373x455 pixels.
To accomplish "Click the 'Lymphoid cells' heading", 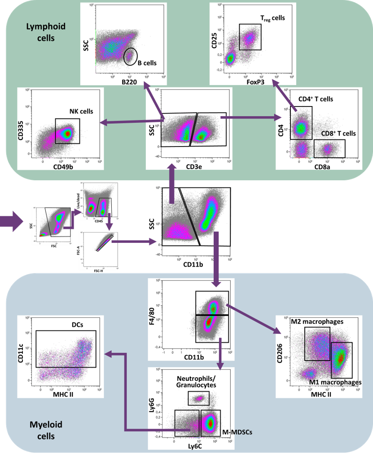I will coord(46,32).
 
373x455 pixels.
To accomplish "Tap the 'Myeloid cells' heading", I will coord(45,430).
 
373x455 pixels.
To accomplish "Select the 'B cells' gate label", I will coord(147,63).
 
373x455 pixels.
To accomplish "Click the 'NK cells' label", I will coord(81,111).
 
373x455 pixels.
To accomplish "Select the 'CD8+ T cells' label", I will coord(338,133).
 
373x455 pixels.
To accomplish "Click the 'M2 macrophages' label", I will coord(317,321).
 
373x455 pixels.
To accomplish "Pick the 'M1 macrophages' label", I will coord(335,382).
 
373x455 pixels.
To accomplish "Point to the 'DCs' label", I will coord(78,324).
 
